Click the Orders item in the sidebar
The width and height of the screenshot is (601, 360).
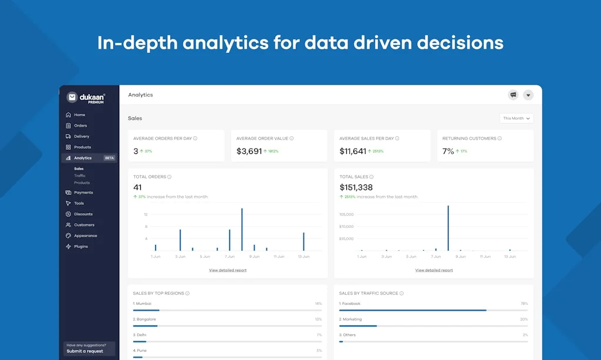pyautogui.click(x=80, y=126)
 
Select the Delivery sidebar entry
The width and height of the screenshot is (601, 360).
pyautogui.click(x=81, y=136)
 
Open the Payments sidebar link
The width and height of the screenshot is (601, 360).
pyautogui.click(x=83, y=193)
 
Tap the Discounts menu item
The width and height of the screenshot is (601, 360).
pyautogui.click(x=83, y=214)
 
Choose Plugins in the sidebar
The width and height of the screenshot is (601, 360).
pyautogui.click(x=80, y=247)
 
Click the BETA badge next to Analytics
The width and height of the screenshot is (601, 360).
pyautogui.click(x=109, y=158)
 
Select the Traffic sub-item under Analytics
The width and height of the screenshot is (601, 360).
pyautogui.click(x=79, y=176)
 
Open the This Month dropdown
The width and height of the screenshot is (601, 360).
pyautogui.click(x=516, y=118)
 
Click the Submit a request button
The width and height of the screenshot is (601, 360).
pyautogui.click(x=85, y=351)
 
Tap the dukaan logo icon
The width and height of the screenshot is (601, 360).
pyautogui.click(x=72, y=97)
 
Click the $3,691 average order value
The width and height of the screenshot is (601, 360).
pyautogui.click(x=249, y=151)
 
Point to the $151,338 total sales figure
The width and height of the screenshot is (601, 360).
pyautogui.click(x=356, y=187)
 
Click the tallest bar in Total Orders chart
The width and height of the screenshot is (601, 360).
pyautogui.click(x=242, y=229)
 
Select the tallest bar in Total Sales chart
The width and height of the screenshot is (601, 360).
pyautogui.click(x=448, y=228)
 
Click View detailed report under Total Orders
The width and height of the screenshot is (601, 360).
pyautogui.click(x=228, y=270)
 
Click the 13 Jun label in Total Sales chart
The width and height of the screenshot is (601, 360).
pyautogui.click(x=509, y=257)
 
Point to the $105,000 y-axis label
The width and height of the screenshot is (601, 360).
pyautogui.click(x=346, y=214)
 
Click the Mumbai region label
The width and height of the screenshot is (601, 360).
pyautogui.click(x=143, y=304)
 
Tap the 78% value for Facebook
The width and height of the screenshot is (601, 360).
pyautogui.click(x=524, y=304)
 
